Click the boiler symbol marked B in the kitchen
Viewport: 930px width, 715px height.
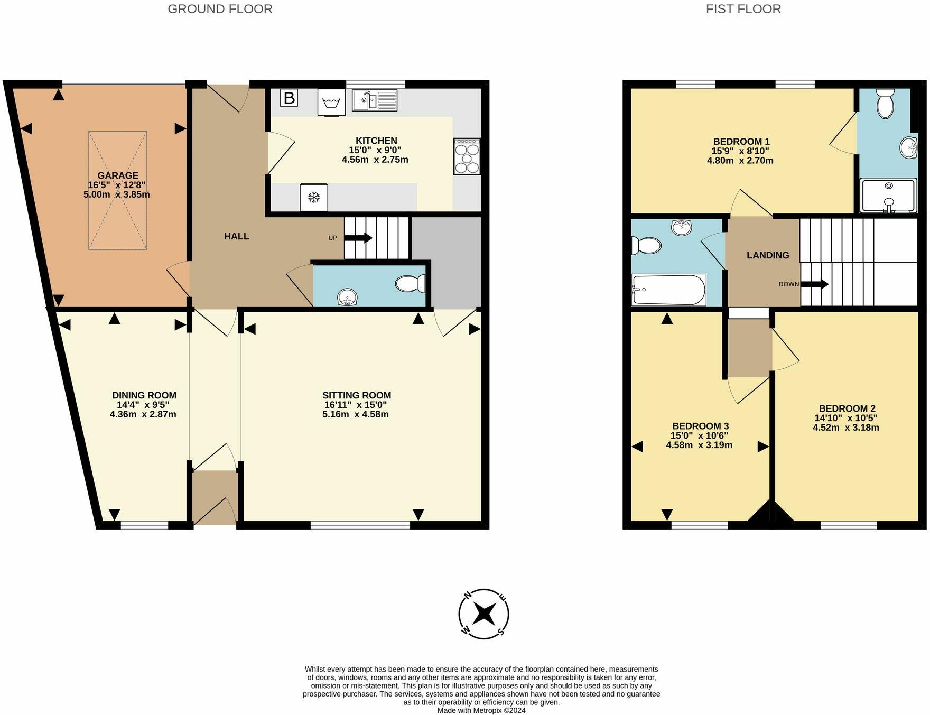click(289, 98)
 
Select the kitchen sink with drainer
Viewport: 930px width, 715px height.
click(374, 100)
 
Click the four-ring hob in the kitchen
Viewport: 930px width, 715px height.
click(467, 156)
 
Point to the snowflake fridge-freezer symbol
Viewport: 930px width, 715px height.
click(314, 198)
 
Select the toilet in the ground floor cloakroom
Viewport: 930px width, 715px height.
click(411, 284)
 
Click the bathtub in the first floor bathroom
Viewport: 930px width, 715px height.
click(668, 290)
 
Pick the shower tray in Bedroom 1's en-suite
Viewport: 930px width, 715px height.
click(888, 196)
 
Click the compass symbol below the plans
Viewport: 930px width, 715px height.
click(483, 614)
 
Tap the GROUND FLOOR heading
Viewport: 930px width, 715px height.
click(220, 9)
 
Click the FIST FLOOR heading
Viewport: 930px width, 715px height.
click(743, 9)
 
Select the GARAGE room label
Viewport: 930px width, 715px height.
click(118, 175)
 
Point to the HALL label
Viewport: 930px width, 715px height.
click(236, 236)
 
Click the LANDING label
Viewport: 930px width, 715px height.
click(767, 255)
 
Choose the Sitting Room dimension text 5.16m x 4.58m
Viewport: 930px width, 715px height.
click(355, 414)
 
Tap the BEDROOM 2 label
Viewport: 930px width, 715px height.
click(847, 408)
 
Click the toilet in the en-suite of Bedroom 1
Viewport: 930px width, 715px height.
click(885, 104)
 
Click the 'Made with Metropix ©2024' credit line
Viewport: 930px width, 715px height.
click(481, 711)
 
